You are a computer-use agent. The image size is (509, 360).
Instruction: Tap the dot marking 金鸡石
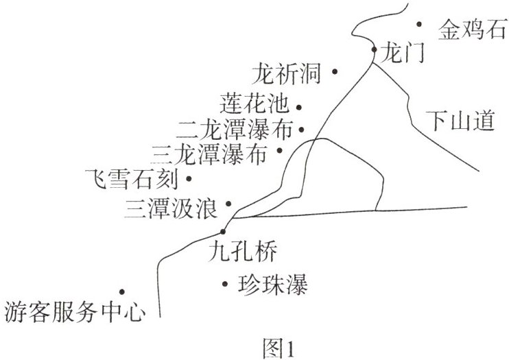tap(420, 25)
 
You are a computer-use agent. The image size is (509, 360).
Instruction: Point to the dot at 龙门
tap(374, 49)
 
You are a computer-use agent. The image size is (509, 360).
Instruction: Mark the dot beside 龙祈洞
tap(335, 71)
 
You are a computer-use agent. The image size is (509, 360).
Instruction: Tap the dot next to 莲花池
tap(300, 107)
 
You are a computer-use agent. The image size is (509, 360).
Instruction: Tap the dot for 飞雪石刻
tap(189, 179)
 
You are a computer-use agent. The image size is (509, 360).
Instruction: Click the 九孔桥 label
tap(243, 252)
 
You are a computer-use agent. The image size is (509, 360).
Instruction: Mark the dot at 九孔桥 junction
tap(223, 232)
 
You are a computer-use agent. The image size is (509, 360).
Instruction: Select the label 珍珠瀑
tap(272, 283)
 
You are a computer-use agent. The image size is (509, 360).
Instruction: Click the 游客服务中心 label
tap(75, 312)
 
